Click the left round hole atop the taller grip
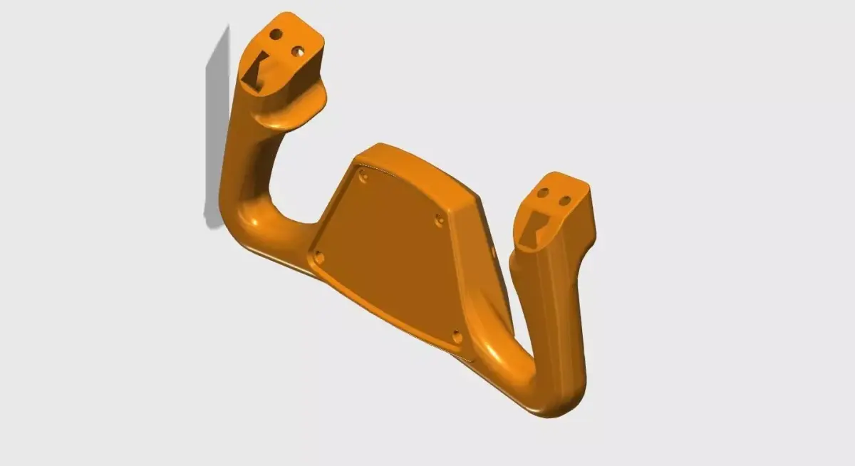click(x=276, y=33)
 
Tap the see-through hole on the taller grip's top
click(x=298, y=51)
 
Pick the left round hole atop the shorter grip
click(x=543, y=192)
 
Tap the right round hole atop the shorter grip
click(x=564, y=201)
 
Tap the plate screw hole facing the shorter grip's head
click(x=440, y=221)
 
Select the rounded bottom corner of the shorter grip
click(x=563, y=403)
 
